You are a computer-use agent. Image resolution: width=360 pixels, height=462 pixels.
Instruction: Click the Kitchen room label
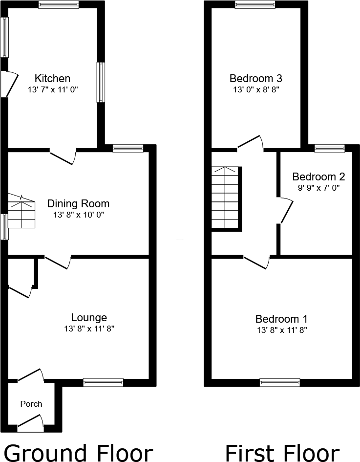coord(52,78)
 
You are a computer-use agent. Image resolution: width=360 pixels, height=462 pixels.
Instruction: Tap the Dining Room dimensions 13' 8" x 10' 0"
coord(78,215)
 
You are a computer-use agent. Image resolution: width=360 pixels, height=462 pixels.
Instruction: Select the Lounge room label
coord(88,318)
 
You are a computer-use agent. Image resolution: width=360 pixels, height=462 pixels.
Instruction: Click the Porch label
coord(31,404)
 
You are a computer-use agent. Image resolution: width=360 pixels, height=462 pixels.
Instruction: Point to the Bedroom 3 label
coord(256,78)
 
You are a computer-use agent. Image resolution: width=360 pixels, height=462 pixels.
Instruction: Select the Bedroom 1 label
coord(281,319)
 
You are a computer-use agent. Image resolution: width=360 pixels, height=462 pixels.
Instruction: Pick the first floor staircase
coord(226,198)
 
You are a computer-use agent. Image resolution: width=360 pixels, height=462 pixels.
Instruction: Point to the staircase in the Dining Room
coord(22,212)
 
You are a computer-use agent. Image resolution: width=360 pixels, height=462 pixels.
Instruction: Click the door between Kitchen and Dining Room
coord(63,155)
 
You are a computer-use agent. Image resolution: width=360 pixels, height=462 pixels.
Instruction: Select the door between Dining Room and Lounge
coord(58,262)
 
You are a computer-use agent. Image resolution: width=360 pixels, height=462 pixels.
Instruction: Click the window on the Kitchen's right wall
coord(101,82)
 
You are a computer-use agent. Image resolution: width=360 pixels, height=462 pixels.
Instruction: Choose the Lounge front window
coord(103,382)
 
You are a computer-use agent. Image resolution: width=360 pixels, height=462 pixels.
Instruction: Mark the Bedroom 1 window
coord(279,382)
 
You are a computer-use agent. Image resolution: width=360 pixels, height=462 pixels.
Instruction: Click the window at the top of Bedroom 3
coord(254,5)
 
